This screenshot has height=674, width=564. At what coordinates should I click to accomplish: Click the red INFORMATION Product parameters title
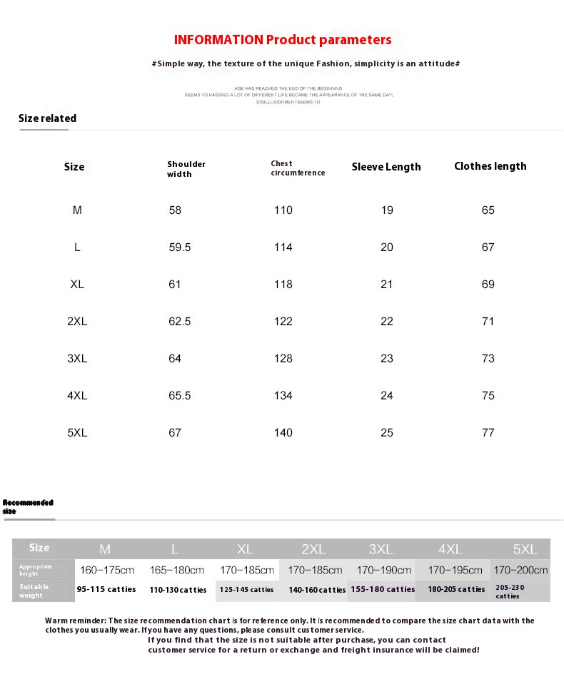point(283,40)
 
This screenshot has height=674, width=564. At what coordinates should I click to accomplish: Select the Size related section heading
point(47,118)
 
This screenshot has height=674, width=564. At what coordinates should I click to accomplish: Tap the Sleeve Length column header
point(386,167)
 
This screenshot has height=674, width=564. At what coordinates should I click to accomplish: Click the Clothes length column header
point(490,166)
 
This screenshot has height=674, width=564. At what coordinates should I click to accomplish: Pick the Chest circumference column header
point(298,168)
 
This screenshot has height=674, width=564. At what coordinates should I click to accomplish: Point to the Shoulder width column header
point(186,169)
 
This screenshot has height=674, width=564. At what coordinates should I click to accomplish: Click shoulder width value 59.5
point(180,247)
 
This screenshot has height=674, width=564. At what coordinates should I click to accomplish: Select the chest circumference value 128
point(283,359)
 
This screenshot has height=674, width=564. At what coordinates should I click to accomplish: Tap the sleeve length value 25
point(387,433)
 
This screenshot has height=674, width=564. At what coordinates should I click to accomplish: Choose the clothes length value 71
point(488,322)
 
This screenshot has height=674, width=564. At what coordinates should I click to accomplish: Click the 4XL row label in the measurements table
point(77,396)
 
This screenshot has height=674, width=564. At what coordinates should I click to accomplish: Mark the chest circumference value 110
point(283,210)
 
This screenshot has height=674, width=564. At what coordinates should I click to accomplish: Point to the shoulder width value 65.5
point(180,396)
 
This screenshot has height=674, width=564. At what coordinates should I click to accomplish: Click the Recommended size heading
point(28,506)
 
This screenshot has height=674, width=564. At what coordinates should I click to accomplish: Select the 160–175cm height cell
point(107,571)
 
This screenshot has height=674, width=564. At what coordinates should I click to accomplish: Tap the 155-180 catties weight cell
point(383,590)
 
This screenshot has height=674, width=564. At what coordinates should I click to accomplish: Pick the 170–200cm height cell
point(520,571)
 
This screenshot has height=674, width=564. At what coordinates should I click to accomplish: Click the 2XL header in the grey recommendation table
point(313,549)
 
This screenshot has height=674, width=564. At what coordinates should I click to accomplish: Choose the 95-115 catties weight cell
point(106,590)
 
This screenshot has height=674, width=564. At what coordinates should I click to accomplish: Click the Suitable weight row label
point(34,591)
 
